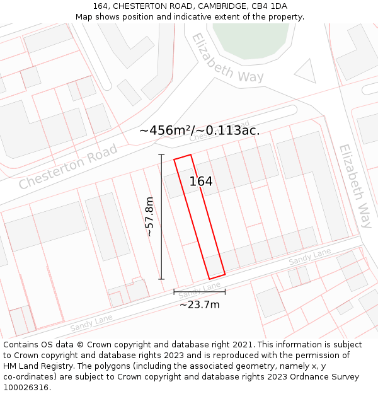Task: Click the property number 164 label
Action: tap(201, 182)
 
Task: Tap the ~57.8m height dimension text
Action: tap(150, 217)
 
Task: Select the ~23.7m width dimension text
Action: tap(200, 305)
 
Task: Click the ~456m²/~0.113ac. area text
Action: tap(199, 130)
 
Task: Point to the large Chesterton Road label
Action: tap(68, 166)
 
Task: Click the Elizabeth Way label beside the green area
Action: tap(227, 58)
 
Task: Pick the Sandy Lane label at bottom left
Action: tap(91, 323)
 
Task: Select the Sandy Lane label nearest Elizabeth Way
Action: tap(309, 257)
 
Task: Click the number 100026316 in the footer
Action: tap(27, 388)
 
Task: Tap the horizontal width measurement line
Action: tap(199, 292)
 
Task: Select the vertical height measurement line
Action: tap(161, 217)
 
